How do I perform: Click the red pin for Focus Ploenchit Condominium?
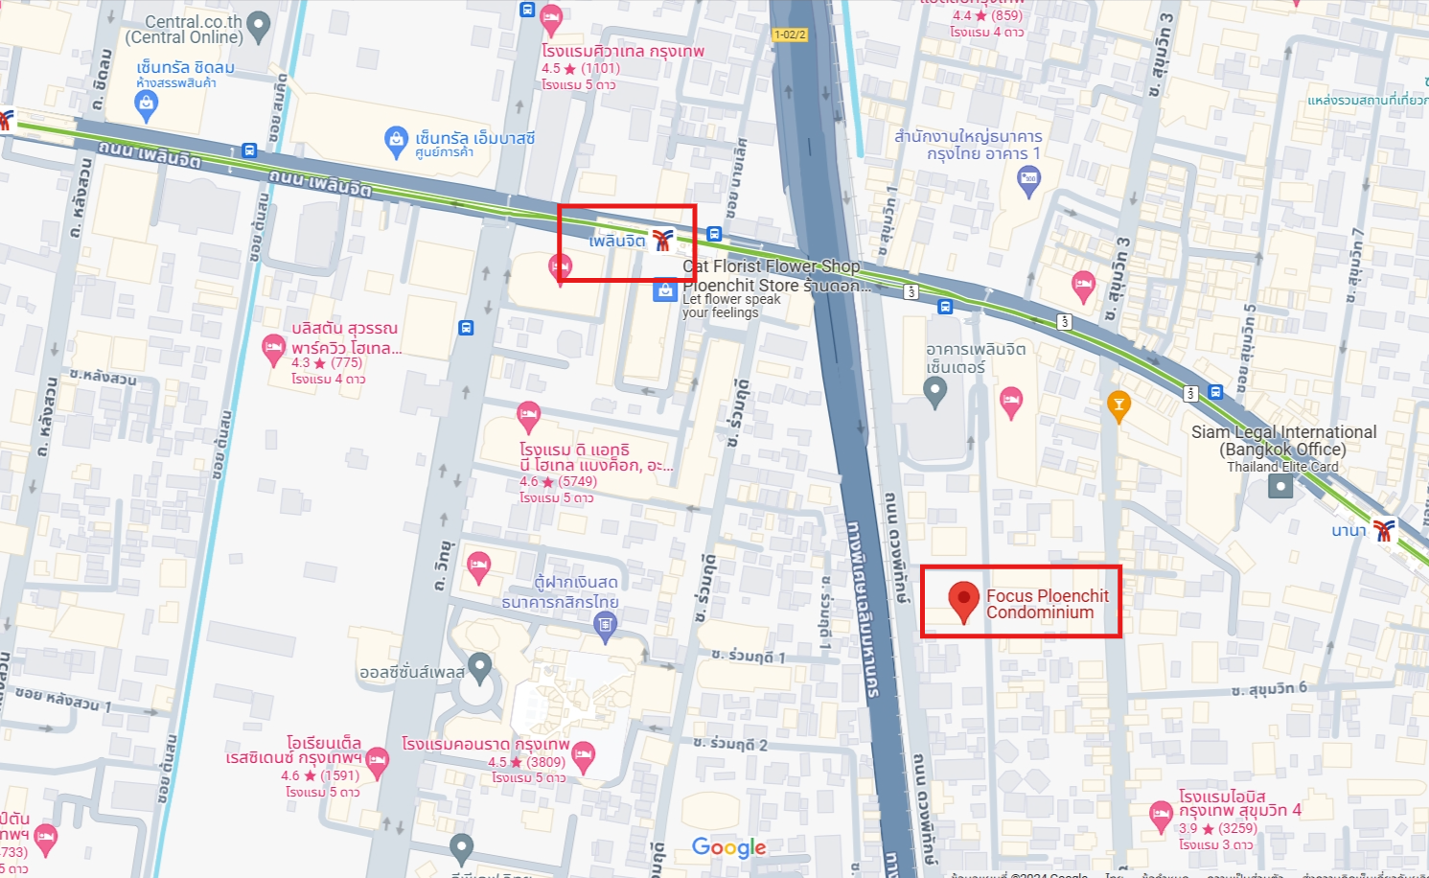[963, 600]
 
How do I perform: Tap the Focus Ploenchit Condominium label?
[1047, 604]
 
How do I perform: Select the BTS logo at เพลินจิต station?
[662, 240]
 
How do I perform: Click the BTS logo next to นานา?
[1382, 530]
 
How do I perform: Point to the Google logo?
[728, 847]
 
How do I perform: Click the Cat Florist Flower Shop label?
[771, 266]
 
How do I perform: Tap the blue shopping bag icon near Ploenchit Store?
[665, 290]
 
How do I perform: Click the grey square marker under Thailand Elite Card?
[1279, 487]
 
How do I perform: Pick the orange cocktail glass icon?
[1118, 404]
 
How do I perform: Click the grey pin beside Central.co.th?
[259, 26]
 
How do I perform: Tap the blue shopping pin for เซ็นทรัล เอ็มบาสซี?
[396, 141]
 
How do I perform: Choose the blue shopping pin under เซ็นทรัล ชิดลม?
[146, 104]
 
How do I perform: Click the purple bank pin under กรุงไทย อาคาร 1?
[1028, 179]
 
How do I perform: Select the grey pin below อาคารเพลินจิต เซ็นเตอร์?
[934, 391]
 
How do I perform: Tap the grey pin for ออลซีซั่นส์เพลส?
[479, 666]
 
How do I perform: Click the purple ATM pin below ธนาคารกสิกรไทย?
[605, 626]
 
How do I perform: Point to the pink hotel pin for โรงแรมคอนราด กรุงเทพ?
[583, 756]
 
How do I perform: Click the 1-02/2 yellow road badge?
[789, 35]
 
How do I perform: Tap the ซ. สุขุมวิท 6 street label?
[1269, 689]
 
